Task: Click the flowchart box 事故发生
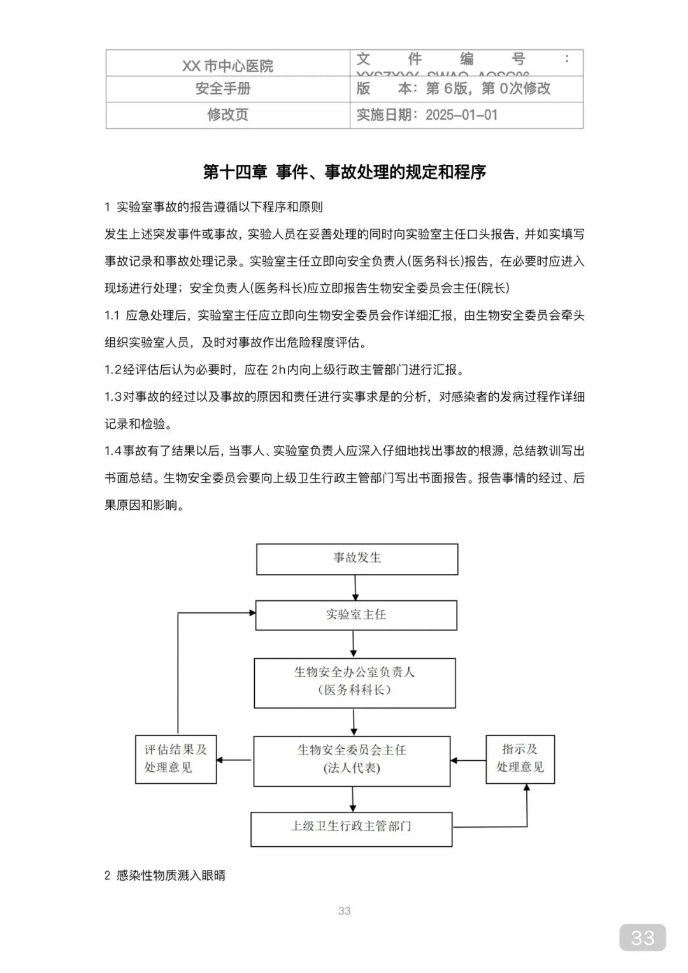357,559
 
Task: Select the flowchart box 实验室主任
356,615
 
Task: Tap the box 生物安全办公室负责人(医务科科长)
355,682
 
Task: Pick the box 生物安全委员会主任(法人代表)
352,760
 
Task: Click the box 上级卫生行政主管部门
351,828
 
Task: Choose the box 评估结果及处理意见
176,759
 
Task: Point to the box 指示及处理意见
520,759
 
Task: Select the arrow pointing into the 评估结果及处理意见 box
234,760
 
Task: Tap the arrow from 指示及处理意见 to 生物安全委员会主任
468,760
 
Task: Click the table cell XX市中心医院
227,66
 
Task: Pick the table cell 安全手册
227,89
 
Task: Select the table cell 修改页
227,115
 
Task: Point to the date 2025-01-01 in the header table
461,115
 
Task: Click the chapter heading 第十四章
234,172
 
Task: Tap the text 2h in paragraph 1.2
278,370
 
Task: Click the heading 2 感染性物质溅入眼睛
165,876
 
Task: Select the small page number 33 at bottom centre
344,911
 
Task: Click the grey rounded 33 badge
642,937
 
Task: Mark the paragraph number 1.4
113,451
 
